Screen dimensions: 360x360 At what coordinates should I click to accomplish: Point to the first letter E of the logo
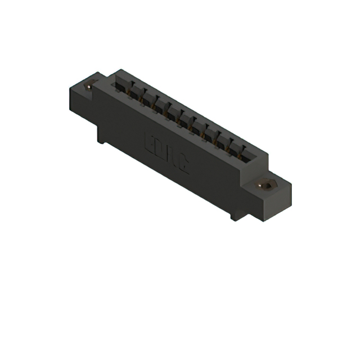pos(151,141)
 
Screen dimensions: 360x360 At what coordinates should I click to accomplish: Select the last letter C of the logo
pos(183,165)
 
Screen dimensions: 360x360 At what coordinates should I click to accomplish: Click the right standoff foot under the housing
pos(235,214)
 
